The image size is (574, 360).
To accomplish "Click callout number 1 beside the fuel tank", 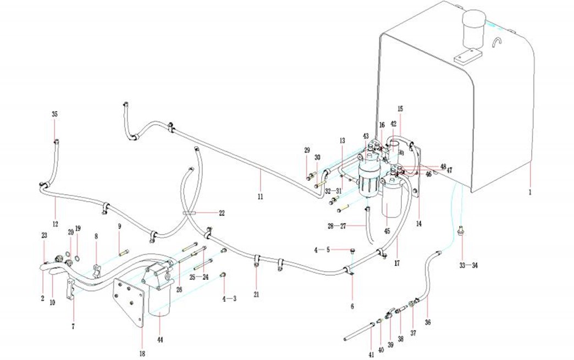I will pyautogui.click(x=531, y=193).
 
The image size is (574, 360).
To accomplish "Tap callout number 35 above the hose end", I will pyautogui.click(x=54, y=114).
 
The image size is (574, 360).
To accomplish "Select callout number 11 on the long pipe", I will pyautogui.click(x=260, y=196).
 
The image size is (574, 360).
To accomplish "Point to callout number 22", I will pyautogui.click(x=206, y=213).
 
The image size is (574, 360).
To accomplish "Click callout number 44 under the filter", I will pyautogui.click(x=161, y=339).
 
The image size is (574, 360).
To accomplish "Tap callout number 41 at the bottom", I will pyautogui.click(x=372, y=355).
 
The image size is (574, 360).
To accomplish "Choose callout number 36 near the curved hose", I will pyautogui.click(x=428, y=322).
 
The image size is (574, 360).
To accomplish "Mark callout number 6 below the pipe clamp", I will pyautogui.click(x=352, y=306).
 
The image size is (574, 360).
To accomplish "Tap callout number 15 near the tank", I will pyautogui.click(x=400, y=109).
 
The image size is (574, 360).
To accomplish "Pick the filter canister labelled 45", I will pyautogui.click(x=391, y=203).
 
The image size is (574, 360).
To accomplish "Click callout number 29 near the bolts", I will pyautogui.click(x=307, y=150).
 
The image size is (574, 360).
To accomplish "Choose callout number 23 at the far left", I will pyautogui.click(x=43, y=235).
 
